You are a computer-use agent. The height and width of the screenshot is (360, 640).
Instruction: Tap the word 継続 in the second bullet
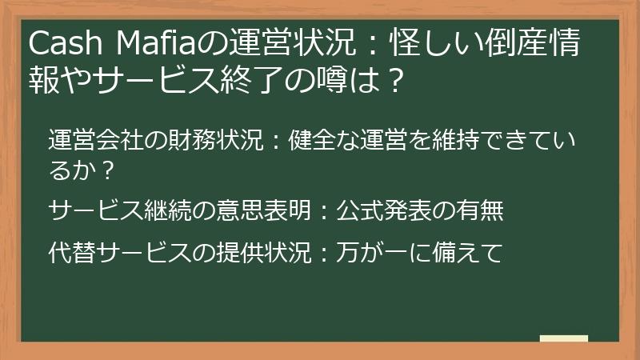[165, 210]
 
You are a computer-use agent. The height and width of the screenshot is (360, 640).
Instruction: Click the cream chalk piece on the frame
[563, 338]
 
